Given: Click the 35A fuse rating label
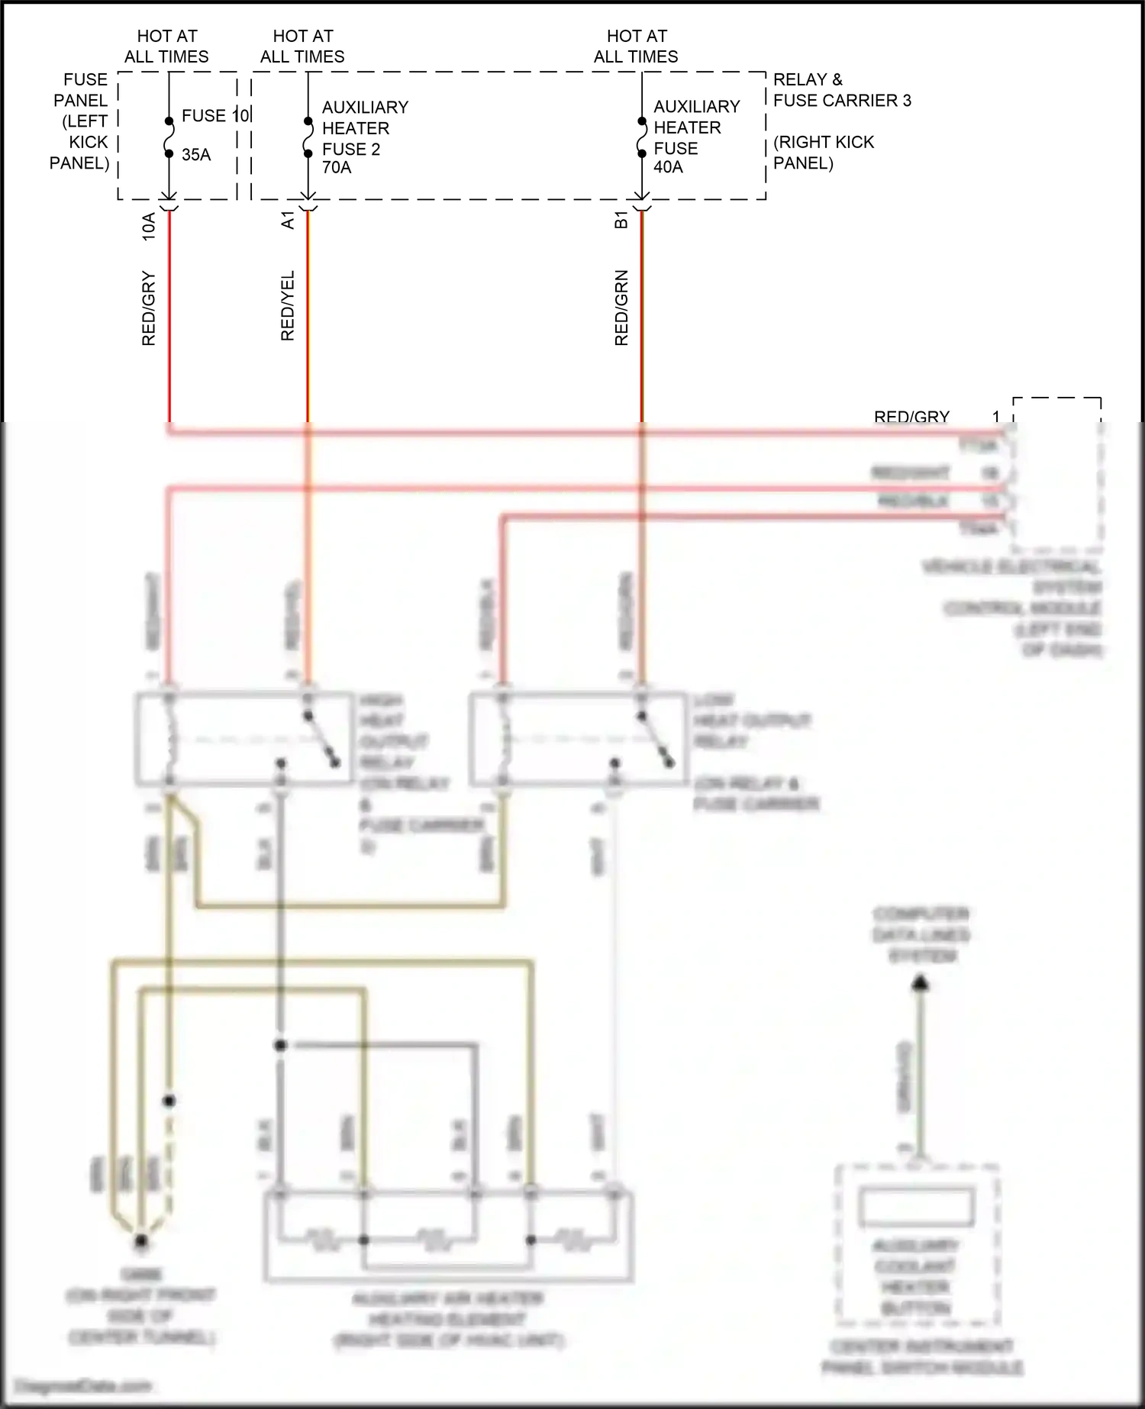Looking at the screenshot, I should tap(196, 155).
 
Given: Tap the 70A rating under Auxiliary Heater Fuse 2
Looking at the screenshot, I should tap(337, 168).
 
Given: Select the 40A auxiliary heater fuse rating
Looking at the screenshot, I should tap(668, 167).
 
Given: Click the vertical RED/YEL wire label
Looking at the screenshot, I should tap(287, 305).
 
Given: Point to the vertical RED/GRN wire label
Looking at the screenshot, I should tap(621, 308).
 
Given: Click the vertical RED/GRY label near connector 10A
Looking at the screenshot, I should tap(149, 308).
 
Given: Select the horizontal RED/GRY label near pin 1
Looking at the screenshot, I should tap(911, 417).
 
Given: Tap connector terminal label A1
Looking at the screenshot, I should tap(287, 221).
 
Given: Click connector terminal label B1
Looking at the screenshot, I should tap(621, 221).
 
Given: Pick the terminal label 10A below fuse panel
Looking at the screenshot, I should tap(149, 227).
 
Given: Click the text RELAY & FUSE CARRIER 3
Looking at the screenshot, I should tap(841, 90).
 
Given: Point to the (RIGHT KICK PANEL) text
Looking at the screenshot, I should tap(823, 153).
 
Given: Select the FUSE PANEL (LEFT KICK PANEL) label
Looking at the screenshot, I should tap(81, 121).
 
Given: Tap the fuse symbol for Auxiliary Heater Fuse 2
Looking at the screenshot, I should tap(308, 137).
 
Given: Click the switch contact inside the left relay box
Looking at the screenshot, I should tap(321, 738).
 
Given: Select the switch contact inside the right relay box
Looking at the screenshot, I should tap(655, 738).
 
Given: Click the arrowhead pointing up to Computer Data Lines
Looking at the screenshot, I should tap(921, 984).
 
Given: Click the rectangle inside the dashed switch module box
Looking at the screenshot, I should tap(917, 1207).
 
